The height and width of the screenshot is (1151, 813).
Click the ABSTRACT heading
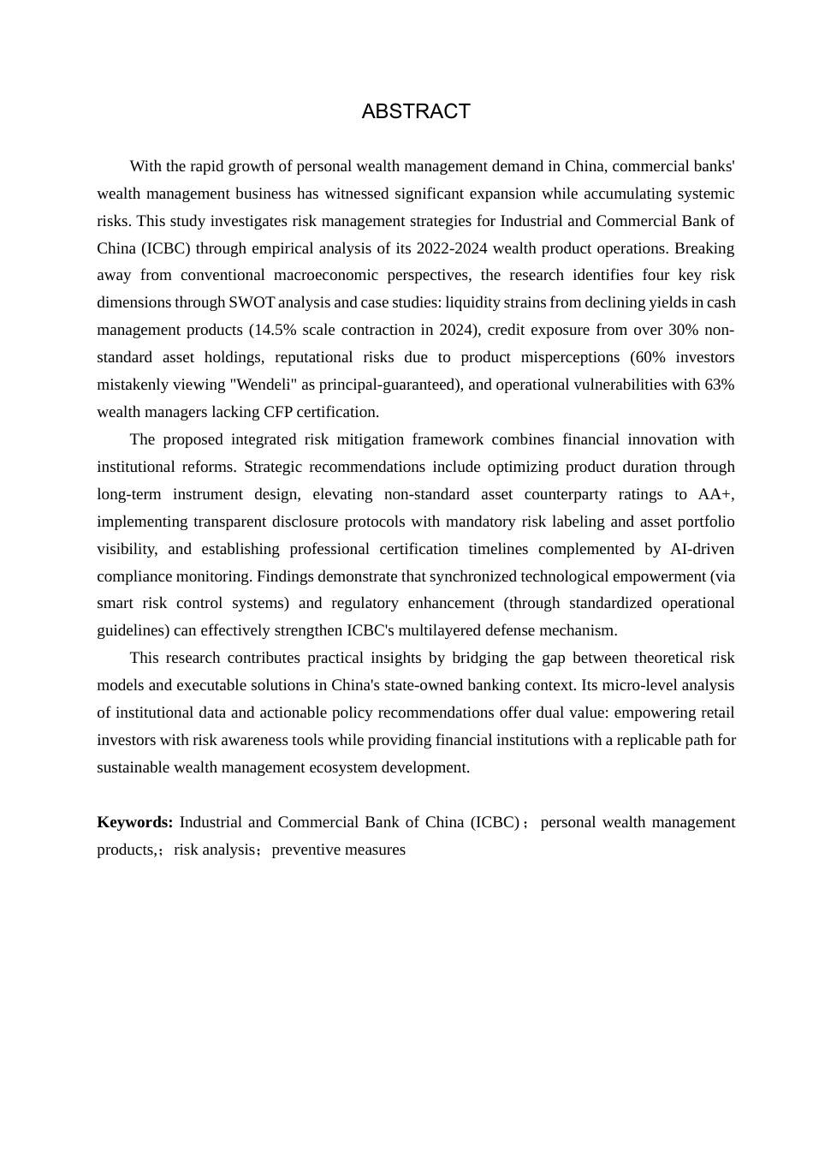pyautogui.click(x=416, y=111)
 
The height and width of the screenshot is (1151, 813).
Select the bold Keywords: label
pyautogui.click(x=134, y=822)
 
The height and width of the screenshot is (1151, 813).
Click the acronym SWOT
pyautogui.click(x=252, y=302)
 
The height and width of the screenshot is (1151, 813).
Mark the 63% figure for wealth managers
pyautogui.click(x=719, y=385)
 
